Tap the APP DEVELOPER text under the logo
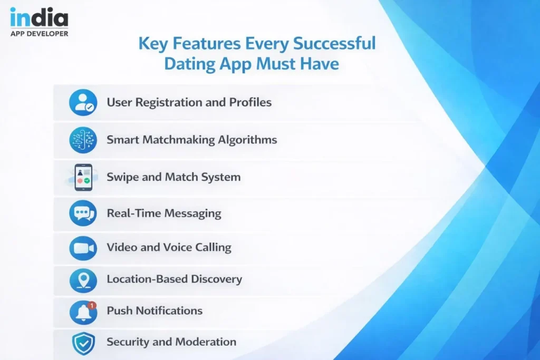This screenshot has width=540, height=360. coord(39,34)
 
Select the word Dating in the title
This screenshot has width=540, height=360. coord(187,64)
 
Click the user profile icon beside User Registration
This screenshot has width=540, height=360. coord(83,102)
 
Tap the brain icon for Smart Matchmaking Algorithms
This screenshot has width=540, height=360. coord(83,140)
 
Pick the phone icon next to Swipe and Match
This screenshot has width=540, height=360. coord(83,177)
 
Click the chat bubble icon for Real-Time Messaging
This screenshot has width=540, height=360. coord(83,213)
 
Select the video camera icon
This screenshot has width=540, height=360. coord(83,248)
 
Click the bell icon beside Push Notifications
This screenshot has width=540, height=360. coord(83,312)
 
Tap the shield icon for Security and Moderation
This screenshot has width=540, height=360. coord(83,343)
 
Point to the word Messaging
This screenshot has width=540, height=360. coord(193,213)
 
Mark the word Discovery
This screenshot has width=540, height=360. coord(217,279)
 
